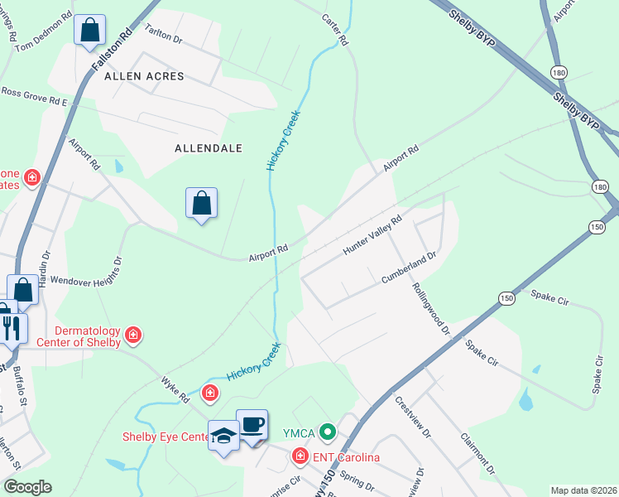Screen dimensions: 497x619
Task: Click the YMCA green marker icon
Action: (329, 432)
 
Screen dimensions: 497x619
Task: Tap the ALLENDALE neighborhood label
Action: (209, 148)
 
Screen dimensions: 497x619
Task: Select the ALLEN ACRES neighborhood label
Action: (144, 76)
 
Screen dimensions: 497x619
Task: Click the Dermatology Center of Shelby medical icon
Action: (133, 335)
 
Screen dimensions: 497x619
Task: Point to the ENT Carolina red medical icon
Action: (299, 456)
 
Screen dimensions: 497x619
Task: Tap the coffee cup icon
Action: (252, 426)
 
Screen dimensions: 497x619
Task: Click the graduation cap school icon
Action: (223, 436)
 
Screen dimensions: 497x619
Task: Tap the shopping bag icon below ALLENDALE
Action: (202, 202)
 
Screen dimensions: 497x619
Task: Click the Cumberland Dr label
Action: (408, 270)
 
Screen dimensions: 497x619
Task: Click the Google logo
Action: (26, 487)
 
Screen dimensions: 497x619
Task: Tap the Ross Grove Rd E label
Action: (34, 96)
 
